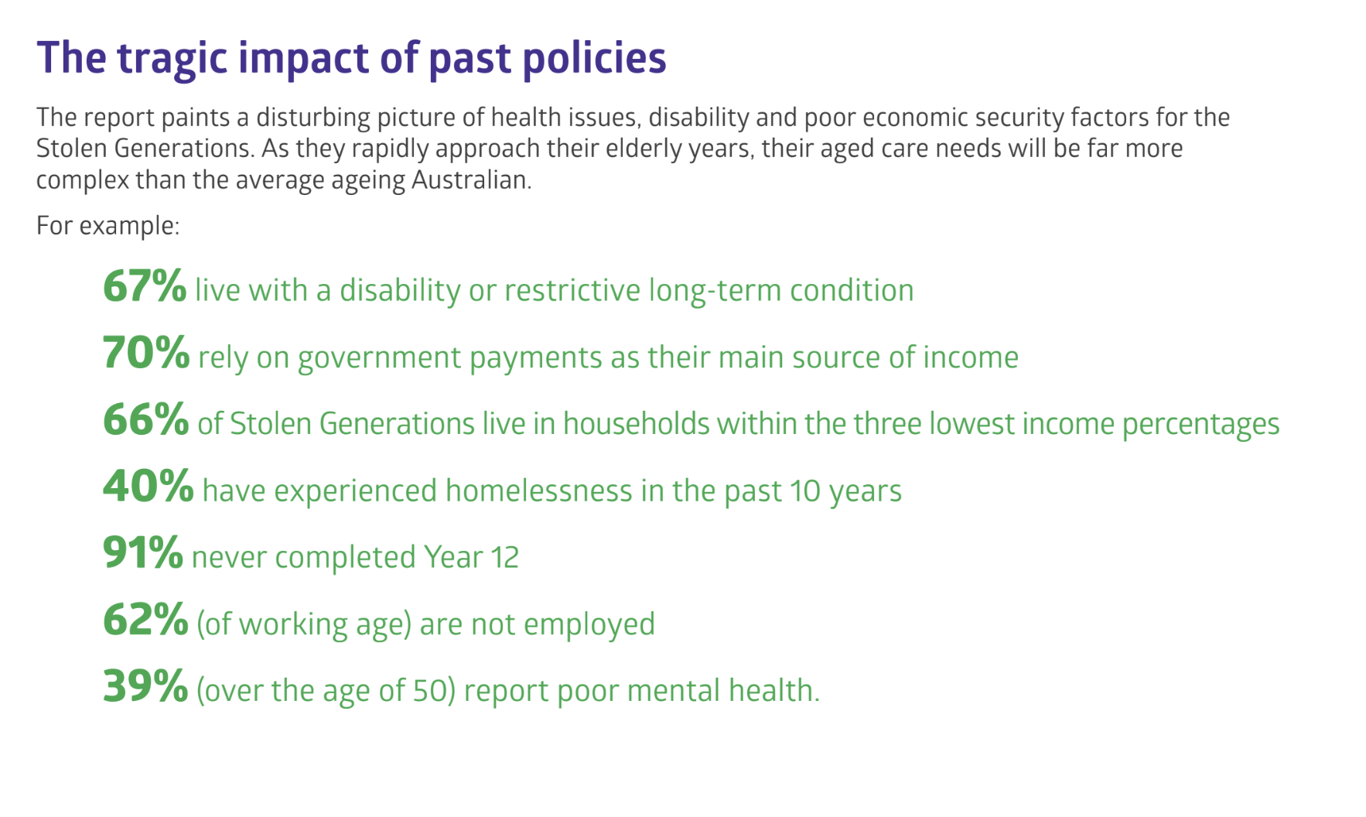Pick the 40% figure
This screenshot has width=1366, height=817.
(149, 487)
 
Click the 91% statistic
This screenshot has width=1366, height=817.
(143, 553)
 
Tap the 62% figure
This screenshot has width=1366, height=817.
(145, 620)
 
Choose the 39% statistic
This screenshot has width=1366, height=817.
(145, 686)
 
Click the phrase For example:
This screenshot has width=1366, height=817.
(108, 226)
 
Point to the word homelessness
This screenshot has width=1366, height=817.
(538, 491)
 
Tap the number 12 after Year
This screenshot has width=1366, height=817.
(504, 558)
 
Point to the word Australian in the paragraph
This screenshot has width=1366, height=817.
(471, 179)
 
